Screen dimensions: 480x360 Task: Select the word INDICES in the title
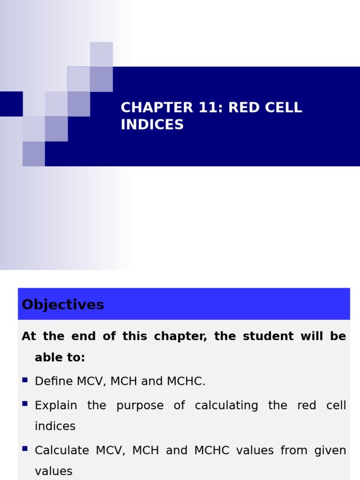[152, 125]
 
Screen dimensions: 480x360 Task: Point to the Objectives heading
[63, 305]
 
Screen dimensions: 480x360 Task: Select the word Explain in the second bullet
[56, 405]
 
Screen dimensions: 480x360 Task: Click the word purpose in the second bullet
[140, 405]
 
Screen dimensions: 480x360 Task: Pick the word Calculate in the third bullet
[62, 450]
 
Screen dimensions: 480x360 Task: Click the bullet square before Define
[25, 380]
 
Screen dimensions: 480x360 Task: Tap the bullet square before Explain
[25, 404]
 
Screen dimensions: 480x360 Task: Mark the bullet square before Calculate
[25, 449]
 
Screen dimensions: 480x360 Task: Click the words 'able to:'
[60, 358]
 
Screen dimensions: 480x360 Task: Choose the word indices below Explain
[55, 426]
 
